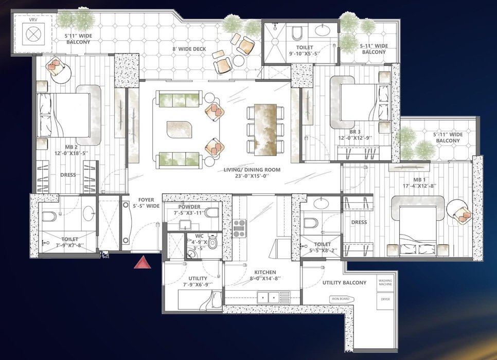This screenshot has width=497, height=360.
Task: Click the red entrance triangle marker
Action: pos(143,263)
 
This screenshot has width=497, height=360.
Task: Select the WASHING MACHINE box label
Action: pos(385,282)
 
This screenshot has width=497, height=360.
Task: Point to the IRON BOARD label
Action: pos(341,299)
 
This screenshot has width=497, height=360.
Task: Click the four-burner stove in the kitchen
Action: pos(240,228)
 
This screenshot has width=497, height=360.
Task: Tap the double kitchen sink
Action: pos(268,297)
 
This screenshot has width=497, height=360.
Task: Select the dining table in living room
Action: pos(265,130)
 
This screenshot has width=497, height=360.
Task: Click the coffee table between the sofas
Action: pos(179,130)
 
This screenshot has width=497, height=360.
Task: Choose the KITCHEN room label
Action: pos(265,272)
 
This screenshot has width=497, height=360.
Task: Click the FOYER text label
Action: pos(146,200)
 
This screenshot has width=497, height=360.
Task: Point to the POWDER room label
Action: pos(189,207)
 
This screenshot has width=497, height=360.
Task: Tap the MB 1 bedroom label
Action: pos(419,179)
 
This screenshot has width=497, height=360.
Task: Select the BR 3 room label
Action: pos(355,132)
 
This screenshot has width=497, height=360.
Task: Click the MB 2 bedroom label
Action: pos(71,147)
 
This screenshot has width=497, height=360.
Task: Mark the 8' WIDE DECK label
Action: pos(189,49)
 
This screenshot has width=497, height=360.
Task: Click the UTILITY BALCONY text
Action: pos(344,283)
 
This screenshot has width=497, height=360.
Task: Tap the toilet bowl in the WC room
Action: pos(212,242)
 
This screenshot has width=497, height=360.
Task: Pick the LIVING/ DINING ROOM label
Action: pos(252,170)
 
